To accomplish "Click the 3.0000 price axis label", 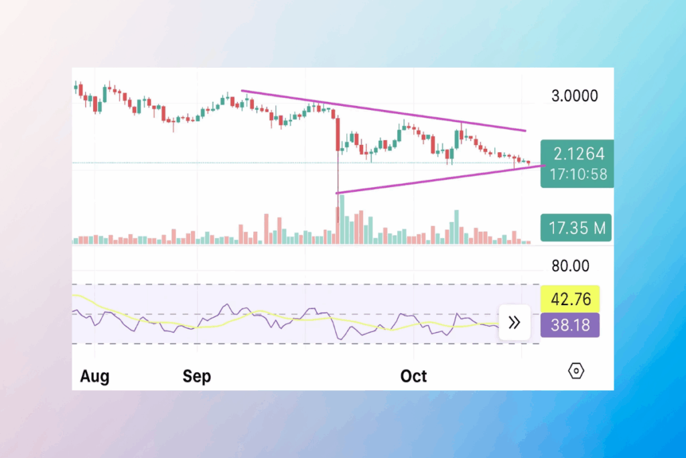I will tap(574, 96).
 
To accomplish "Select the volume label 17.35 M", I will tap(577, 229).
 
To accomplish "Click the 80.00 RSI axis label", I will tap(570, 266).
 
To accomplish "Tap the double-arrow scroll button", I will tap(514, 323).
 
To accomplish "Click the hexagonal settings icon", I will tap(576, 371).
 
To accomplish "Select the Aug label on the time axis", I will tap(94, 376).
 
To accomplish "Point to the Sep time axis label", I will tap(197, 376).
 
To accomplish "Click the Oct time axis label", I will tap(413, 376).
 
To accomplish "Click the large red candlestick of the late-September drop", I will tap(338, 134).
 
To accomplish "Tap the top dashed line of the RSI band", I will tap(301, 285).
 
